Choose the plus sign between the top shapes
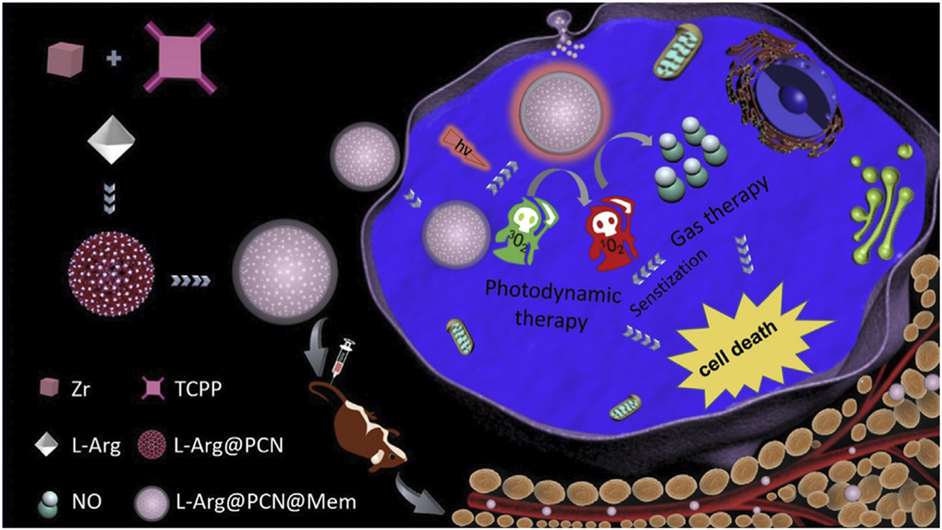(x=113, y=58)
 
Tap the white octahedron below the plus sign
(x=111, y=139)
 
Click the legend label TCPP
(x=198, y=389)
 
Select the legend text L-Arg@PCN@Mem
(x=266, y=502)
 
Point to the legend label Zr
(x=81, y=389)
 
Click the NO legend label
(x=86, y=502)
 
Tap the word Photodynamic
(x=552, y=291)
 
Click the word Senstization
(x=668, y=282)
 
